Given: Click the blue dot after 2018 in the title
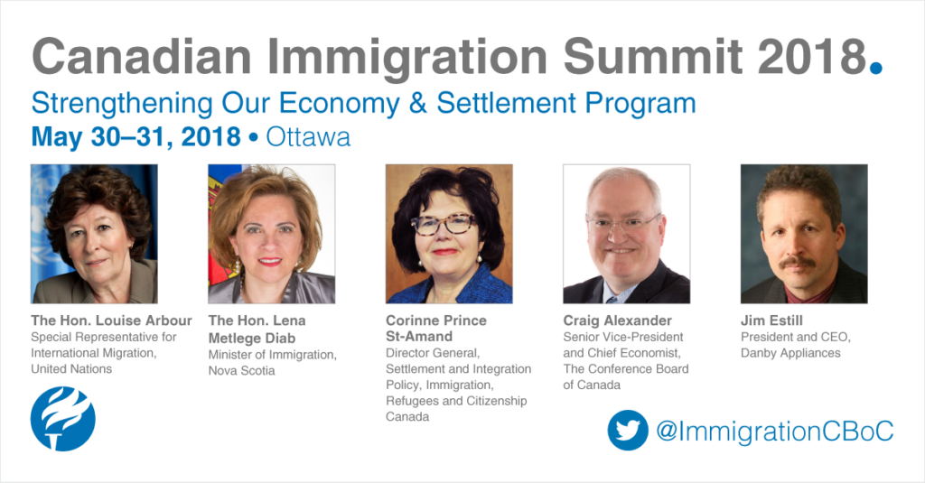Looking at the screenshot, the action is pos(876,67).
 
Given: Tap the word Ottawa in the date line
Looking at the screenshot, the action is pos(308,137).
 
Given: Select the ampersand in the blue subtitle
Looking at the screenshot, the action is pos(417,103).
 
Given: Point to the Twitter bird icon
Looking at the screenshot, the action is pos(628,430).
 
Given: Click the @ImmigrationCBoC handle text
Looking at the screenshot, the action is pos(774,431).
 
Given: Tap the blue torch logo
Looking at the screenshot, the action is pos(62,419).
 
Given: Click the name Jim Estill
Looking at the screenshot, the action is pos(771,320).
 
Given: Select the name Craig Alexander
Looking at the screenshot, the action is pos(617,320).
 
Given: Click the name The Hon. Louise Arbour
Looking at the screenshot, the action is pos(111,320).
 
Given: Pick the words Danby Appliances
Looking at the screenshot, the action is pos(790,353).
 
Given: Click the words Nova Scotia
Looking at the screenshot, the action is pos(241,371).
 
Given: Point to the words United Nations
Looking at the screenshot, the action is pos(71,369).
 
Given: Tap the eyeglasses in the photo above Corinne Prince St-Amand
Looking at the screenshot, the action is pos(444,224).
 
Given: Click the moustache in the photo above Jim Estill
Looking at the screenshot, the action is pos(797,262).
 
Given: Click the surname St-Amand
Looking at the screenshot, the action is pos(419,337).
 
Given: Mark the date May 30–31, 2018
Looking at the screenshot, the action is pos(135,137).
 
